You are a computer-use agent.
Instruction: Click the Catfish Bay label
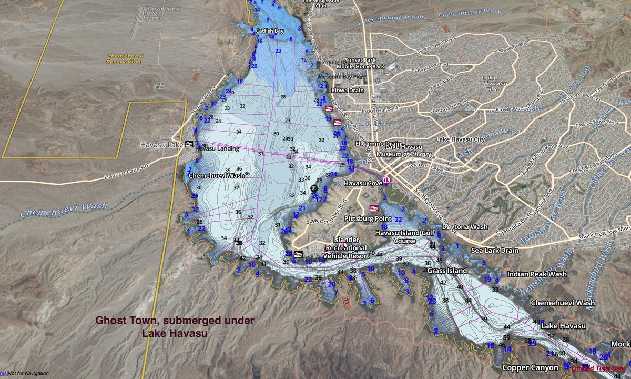click(270, 31)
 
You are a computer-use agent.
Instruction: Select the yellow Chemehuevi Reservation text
click(124, 58)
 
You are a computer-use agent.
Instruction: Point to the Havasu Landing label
click(217, 149)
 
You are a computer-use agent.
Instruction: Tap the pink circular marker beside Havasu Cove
click(386, 180)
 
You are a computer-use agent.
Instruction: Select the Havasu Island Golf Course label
click(405, 236)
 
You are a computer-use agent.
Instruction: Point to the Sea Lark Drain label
click(494, 251)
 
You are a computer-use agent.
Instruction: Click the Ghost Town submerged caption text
click(175, 326)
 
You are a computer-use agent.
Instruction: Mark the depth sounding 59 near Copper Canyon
click(506, 337)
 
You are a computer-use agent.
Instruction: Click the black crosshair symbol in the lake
click(314, 188)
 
